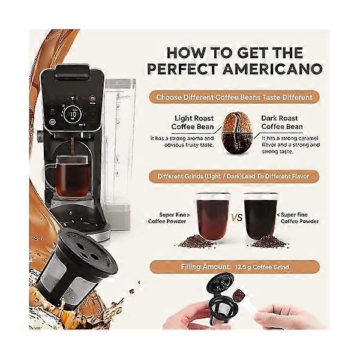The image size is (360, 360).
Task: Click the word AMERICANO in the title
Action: point(272,69)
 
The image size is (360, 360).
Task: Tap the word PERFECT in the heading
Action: point(182,69)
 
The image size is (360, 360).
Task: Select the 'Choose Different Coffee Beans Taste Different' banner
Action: point(234,97)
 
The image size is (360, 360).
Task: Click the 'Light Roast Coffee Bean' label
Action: point(193,122)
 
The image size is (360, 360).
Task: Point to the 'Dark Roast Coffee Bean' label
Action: point(282,122)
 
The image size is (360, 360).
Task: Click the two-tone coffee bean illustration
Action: point(238,133)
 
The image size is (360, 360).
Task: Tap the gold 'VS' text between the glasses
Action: point(237,217)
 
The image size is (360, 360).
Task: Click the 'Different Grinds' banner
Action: point(234,176)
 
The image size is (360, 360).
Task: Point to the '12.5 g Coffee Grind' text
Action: point(262,267)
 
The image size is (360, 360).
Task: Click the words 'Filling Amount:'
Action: point(206,267)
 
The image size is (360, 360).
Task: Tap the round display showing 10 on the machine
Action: point(73,114)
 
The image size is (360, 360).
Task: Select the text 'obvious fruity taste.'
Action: point(189,145)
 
